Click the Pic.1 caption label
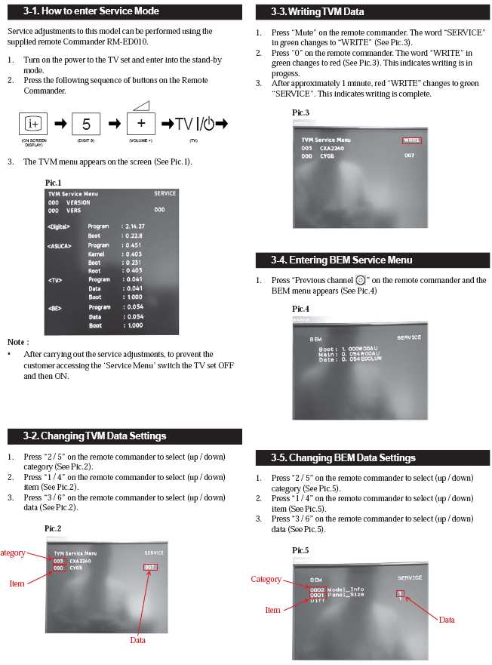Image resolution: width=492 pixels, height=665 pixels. pyautogui.click(x=54, y=183)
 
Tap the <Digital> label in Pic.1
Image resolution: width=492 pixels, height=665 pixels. pyautogui.click(x=59, y=226)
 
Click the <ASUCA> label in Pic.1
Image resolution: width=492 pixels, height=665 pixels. pyautogui.click(x=59, y=245)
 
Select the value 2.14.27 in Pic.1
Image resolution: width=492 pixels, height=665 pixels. pyautogui.click(x=135, y=226)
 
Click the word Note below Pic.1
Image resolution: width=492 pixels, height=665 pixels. pyautogui.click(x=18, y=342)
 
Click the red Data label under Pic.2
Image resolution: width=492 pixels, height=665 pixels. pyautogui.click(x=137, y=640)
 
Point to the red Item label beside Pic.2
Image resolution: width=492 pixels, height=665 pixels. pyautogui.click(x=17, y=583)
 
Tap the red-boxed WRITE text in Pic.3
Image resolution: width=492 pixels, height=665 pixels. pyautogui.click(x=411, y=140)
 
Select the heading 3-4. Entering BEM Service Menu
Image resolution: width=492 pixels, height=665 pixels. pyautogui.click(x=342, y=260)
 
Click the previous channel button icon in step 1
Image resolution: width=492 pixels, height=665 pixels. pyautogui.click(x=360, y=280)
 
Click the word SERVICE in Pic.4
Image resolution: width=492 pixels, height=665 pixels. pyautogui.click(x=409, y=337)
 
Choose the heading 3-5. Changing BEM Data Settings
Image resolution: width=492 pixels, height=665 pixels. pyautogui.click(x=343, y=457)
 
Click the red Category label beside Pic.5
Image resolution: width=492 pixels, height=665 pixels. pyautogui.click(x=266, y=579)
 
